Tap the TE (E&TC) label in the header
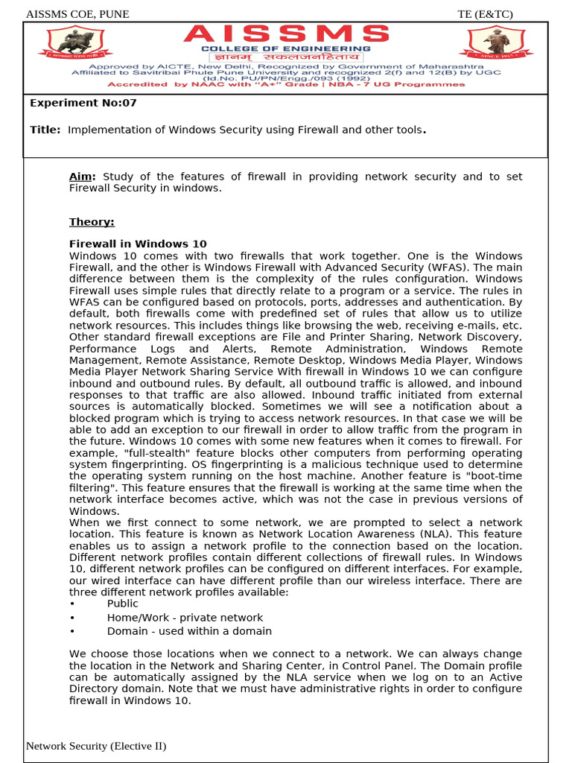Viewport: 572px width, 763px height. tap(485, 14)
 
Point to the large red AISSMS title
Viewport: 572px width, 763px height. tap(287, 34)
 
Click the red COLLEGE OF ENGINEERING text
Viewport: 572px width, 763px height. tap(287, 48)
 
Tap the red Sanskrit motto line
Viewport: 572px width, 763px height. tap(287, 57)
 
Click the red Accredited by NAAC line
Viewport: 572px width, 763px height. tap(287, 84)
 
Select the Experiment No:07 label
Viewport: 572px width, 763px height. tap(83, 103)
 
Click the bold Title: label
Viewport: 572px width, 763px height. tap(45, 130)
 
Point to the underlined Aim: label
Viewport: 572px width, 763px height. tap(82, 177)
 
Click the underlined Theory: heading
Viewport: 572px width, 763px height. tap(92, 221)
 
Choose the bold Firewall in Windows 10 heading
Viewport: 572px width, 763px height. tap(138, 244)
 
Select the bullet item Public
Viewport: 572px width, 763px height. tap(123, 604)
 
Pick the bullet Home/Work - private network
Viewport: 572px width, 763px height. tap(185, 617)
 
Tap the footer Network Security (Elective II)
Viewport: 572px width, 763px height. tap(96, 746)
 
